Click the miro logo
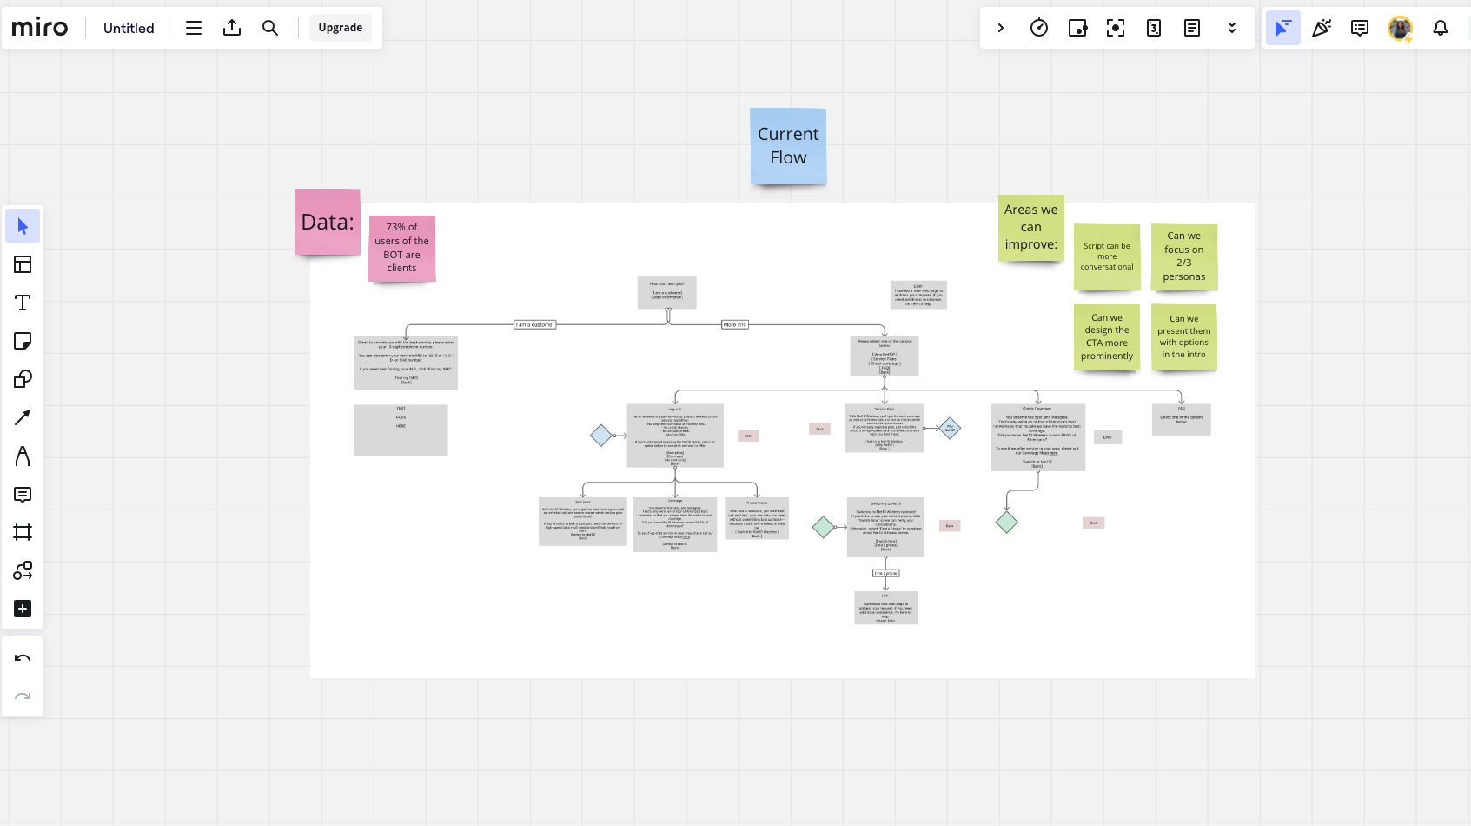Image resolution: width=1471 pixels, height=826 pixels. pos(40,28)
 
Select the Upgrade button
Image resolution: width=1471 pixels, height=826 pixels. pos(340,28)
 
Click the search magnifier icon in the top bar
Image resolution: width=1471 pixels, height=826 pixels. pos(270,28)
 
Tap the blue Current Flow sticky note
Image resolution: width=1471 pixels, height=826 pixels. pos(788,146)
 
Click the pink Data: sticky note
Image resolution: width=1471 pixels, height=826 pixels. pos(328,223)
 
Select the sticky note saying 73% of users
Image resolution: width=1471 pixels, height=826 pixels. pos(401,248)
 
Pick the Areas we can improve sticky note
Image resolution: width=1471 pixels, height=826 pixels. pos(1030,228)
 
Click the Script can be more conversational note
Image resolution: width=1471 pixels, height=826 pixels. pos(1107,256)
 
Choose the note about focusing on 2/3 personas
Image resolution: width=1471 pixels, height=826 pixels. pos(1183,256)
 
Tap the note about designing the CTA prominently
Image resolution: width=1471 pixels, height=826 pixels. pos(1107,337)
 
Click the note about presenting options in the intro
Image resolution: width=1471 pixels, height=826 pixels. pos(1183,337)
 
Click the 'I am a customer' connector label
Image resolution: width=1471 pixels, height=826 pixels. pos(535,324)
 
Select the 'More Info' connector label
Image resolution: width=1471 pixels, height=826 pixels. pos(734,324)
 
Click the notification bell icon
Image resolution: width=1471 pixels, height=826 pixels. pos(1441,28)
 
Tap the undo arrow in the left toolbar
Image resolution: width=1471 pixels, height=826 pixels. pos(23,658)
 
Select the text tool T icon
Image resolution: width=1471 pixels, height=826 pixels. pos(23,303)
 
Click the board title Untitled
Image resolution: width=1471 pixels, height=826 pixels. pos(129,28)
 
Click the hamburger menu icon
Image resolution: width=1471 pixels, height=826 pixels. pos(194,28)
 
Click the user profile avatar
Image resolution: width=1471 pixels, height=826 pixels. pos(1400,28)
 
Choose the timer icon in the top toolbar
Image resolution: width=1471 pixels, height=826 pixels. pos(1038,28)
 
